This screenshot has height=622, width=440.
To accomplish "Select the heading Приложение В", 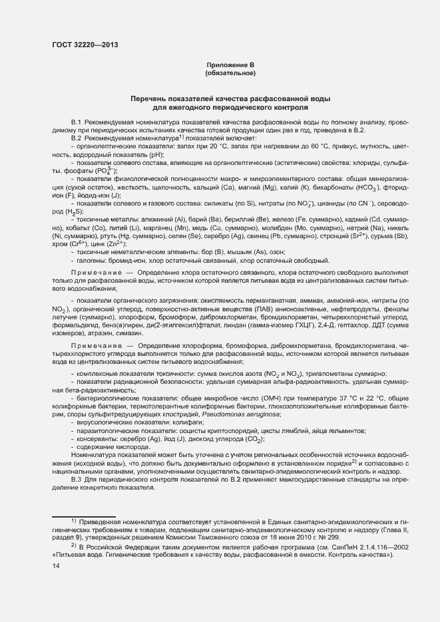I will (231, 65).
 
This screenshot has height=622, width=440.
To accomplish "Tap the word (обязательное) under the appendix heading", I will (231, 73).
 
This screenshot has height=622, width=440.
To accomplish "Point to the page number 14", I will (55, 566).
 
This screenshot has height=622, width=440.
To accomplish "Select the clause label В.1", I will (76, 123).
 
